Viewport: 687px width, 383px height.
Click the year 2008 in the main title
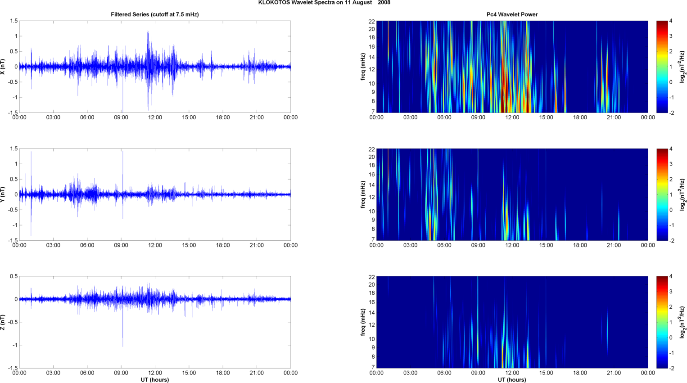click(384, 3)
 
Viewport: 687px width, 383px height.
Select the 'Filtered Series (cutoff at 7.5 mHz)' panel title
click(155, 14)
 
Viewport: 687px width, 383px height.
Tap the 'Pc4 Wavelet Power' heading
click(512, 14)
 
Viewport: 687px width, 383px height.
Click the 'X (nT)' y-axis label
click(3, 67)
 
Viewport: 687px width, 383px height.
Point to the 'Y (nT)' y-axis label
click(3, 194)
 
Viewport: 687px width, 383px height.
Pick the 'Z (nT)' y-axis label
click(3, 322)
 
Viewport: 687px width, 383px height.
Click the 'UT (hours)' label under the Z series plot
click(155, 380)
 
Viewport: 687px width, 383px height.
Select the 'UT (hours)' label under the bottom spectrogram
click(512, 380)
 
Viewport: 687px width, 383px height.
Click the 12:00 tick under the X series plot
click(155, 117)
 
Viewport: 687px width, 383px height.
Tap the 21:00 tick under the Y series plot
click(257, 245)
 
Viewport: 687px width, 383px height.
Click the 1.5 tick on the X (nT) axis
click(14, 21)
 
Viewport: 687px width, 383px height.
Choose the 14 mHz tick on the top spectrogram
click(371, 57)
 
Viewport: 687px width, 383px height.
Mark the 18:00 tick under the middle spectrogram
click(580, 245)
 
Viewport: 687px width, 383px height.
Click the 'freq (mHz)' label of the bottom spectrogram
click(363, 322)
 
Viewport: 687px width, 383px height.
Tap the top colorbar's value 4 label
click(671, 21)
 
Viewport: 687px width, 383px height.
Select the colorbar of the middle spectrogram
click(662, 194)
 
